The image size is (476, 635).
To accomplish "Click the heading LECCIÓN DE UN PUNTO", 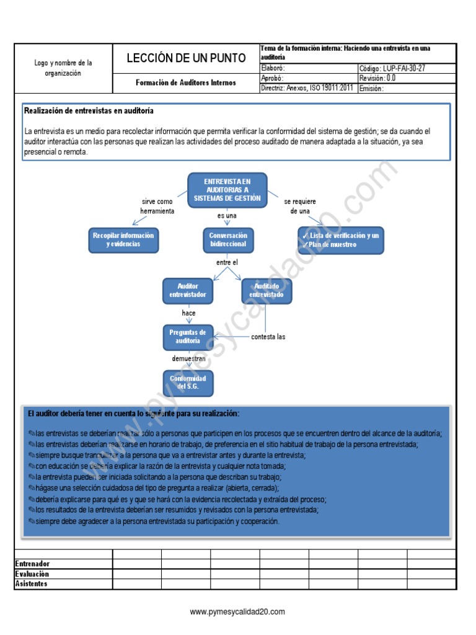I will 186,58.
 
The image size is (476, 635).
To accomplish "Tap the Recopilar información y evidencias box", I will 123,239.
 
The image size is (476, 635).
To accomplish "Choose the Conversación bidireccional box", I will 227,239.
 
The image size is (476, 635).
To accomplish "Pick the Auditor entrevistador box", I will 188,291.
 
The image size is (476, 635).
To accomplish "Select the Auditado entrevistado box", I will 267,291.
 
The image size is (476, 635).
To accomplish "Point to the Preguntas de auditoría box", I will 188,337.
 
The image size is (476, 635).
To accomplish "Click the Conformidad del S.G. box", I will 188,383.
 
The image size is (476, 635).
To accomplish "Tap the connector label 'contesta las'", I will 268,337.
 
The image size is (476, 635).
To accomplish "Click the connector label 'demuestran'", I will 188,359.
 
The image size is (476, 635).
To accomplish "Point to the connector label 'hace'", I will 188,313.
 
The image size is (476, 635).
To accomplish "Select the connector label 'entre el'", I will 227,262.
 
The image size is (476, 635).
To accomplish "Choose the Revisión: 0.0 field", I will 377,78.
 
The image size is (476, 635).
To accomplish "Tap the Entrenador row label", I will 32,564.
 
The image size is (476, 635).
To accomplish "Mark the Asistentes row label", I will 31,584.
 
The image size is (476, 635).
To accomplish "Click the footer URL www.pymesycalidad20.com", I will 237,611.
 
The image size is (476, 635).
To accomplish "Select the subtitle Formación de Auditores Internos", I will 186,82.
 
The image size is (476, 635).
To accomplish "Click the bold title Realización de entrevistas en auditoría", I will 89,111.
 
